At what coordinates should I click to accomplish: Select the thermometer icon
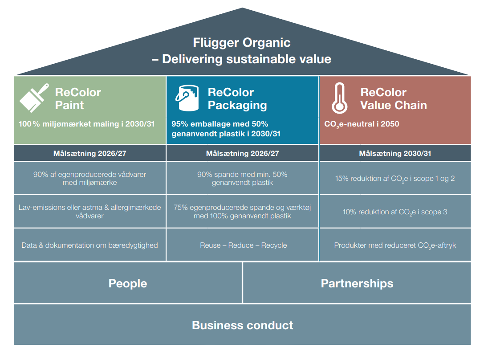pos(340,98)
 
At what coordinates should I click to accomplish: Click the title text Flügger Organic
pos(241,43)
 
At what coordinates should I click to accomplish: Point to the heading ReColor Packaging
pos(237,99)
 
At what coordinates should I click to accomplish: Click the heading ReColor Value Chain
pos(393,99)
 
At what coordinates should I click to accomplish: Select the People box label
pos(128,283)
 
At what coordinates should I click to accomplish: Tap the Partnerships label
pos(357,283)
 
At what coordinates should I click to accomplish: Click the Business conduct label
pos(242,325)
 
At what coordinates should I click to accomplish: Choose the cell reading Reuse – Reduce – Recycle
pos(243,245)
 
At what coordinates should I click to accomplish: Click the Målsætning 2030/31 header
pos(395,154)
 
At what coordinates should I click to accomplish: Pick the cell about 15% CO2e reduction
pos(395,178)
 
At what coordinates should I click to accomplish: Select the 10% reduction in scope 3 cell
pos(395,212)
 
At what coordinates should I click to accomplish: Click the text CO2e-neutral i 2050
pos(362,124)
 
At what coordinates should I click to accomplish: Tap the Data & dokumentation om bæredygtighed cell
pos(89,245)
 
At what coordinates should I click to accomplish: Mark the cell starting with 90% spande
pos(243,178)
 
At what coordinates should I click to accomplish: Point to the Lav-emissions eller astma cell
pos(89,212)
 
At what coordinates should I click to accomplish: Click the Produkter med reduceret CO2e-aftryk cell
pos(395,245)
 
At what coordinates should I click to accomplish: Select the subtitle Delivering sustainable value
pos(246,59)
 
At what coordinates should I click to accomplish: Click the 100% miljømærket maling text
pos(86,124)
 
